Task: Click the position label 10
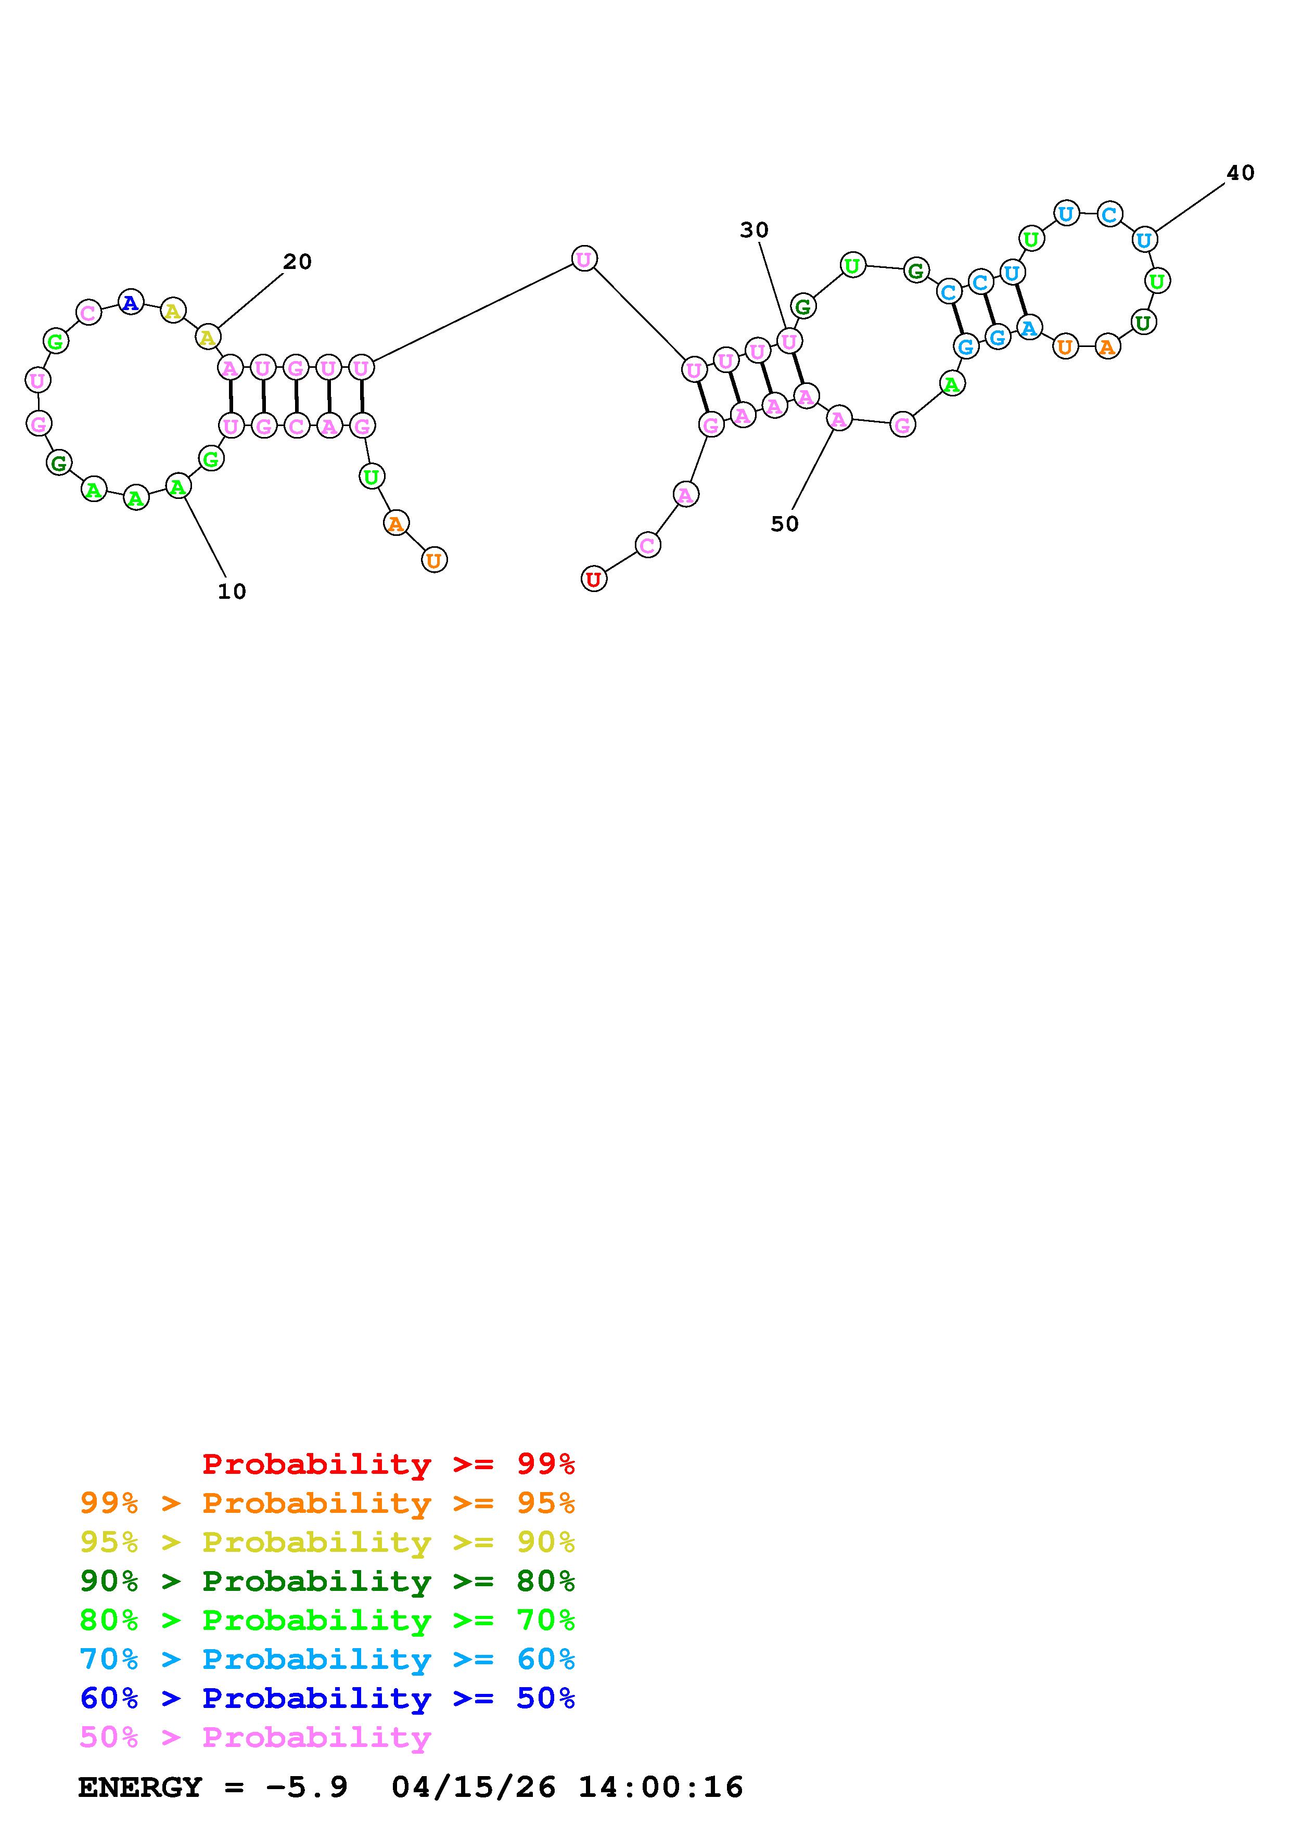click(x=232, y=592)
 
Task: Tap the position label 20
click(x=297, y=262)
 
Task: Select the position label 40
click(x=1240, y=173)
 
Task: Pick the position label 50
click(x=785, y=524)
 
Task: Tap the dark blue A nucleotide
click(x=130, y=302)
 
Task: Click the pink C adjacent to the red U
click(x=648, y=545)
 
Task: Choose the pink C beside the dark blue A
click(x=88, y=312)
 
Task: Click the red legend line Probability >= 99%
click(x=389, y=1464)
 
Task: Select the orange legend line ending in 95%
click(x=327, y=1503)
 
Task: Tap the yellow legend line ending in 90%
click(x=327, y=1542)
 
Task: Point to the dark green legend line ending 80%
click(x=327, y=1581)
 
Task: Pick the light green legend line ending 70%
click(x=327, y=1620)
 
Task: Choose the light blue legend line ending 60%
click(x=327, y=1659)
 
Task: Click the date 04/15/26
click(x=474, y=1788)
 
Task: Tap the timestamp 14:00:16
click(x=660, y=1788)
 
